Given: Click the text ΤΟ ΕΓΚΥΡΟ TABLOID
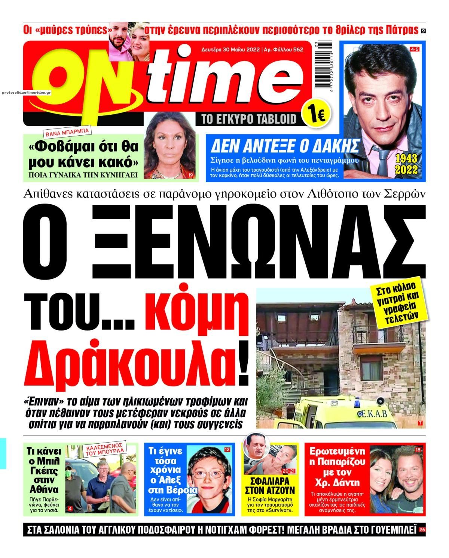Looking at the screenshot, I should pyautogui.click(x=249, y=119).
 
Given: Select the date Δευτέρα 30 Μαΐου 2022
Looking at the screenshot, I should pyautogui.click(x=231, y=49).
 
